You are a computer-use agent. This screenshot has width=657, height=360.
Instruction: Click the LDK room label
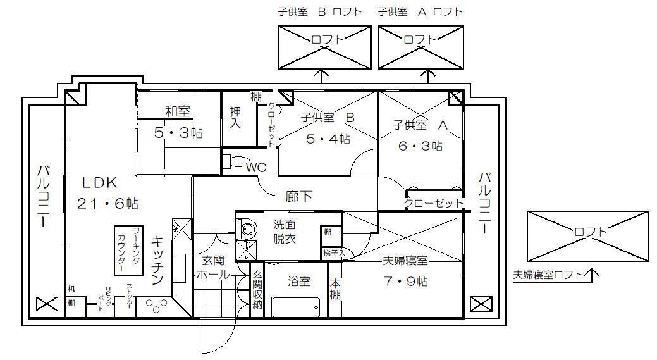pyautogui.click(x=99, y=183)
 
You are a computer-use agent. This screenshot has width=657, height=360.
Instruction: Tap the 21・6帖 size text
pyautogui.click(x=107, y=204)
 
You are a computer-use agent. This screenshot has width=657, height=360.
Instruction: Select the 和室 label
pyautogui.click(x=177, y=112)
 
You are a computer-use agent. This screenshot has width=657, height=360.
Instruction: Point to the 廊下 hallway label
pyautogui.click(x=299, y=197)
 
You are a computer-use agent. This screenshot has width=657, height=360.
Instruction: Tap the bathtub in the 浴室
pyautogui.click(x=295, y=307)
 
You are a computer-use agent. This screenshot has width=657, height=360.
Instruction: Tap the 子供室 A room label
pyautogui.click(x=420, y=125)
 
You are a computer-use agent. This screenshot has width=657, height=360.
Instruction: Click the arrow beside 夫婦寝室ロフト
pyautogui.click(x=592, y=275)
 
